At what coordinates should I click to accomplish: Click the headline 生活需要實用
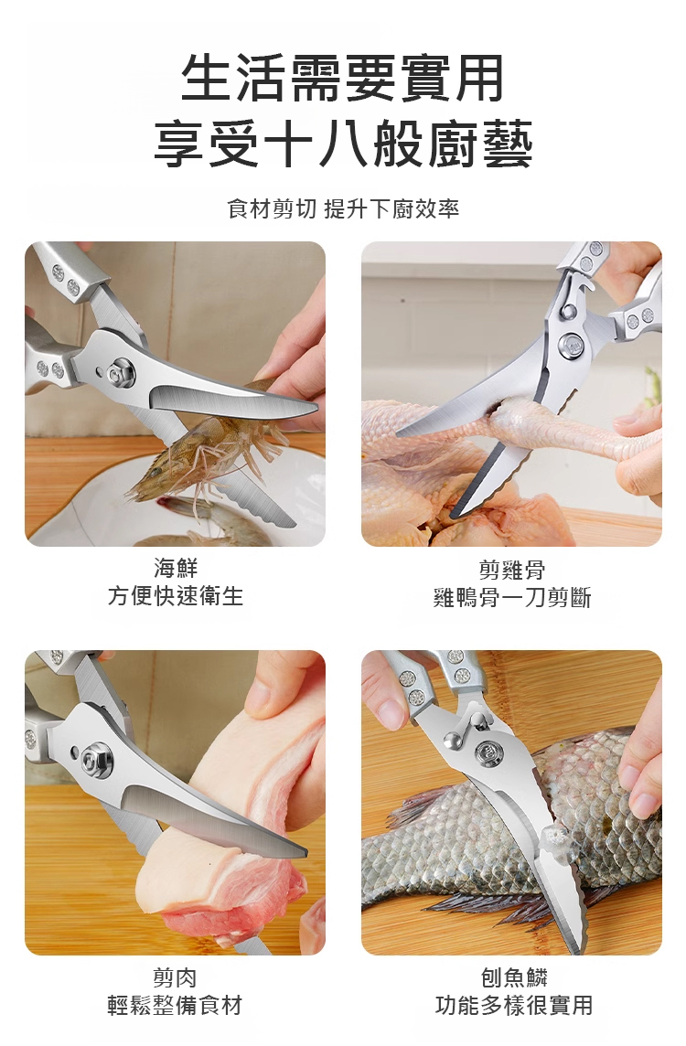click(342, 79)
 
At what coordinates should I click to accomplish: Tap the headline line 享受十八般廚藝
click(343, 144)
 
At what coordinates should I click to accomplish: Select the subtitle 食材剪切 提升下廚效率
click(343, 208)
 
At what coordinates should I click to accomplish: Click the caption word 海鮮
click(176, 568)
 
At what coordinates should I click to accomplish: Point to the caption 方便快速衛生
click(176, 596)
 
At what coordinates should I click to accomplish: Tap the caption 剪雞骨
click(512, 570)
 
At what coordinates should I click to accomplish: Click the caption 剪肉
click(175, 977)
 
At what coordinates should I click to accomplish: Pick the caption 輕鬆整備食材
click(175, 1005)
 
